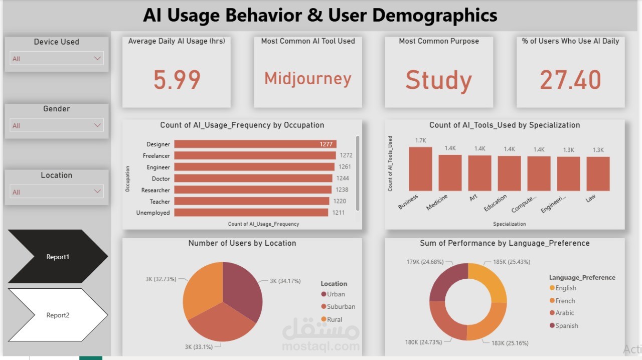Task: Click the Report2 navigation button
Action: (x=58, y=315)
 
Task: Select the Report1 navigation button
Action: (x=58, y=257)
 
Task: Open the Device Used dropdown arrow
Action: (x=98, y=59)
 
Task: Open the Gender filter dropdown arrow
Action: (x=98, y=125)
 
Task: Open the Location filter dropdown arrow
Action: (x=98, y=192)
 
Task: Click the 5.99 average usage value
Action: (x=177, y=80)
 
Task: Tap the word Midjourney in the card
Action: (x=307, y=79)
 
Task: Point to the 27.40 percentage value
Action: (x=570, y=80)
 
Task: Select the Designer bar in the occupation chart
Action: (x=255, y=144)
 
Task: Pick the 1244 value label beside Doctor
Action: (x=343, y=178)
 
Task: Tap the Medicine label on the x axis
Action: (x=437, y=203)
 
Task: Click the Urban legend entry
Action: (x=336, y=294)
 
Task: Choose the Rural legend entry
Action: (x=334, y=319)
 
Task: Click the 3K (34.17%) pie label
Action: (x=285, y=281)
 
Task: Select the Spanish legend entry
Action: (x=566, y=326)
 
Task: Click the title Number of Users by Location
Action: (x=242, y=243)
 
